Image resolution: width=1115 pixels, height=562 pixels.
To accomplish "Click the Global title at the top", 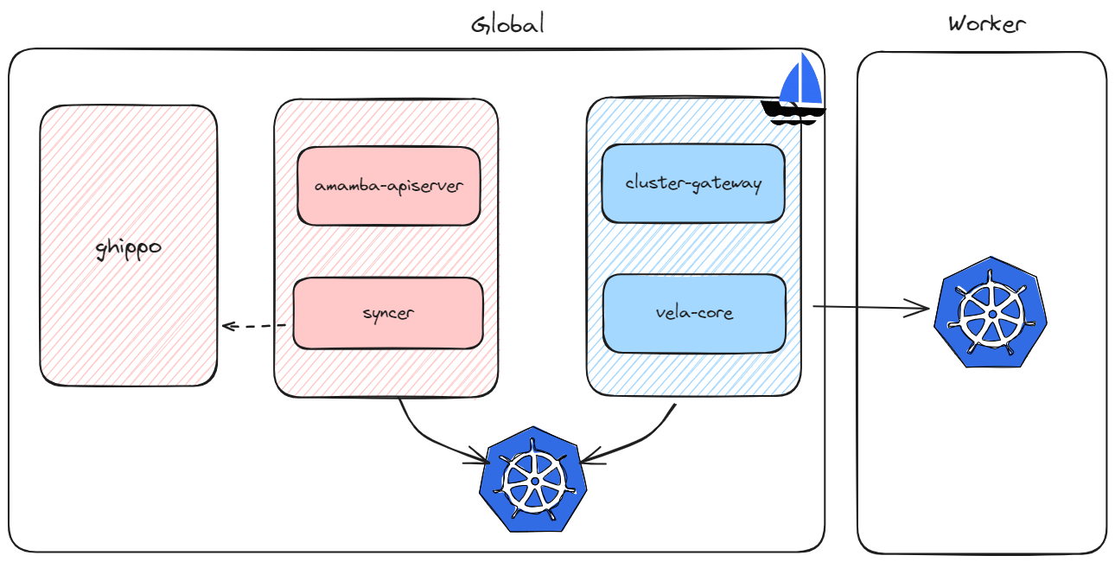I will click(507, 23).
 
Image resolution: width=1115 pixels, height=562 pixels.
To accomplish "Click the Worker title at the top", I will click(986, 23).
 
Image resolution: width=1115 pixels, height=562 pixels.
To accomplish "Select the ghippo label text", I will click(128, 248).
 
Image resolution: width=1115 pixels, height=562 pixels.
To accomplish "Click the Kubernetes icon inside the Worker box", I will click(990, 311).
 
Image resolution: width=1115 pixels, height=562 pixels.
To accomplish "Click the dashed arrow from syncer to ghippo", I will click(255, 326).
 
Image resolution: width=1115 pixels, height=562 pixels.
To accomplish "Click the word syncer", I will click(388, 313).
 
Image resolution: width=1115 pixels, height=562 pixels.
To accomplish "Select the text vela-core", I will click(694, 312).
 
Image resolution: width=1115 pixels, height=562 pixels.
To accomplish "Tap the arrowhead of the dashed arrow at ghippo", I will click(227, 326).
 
